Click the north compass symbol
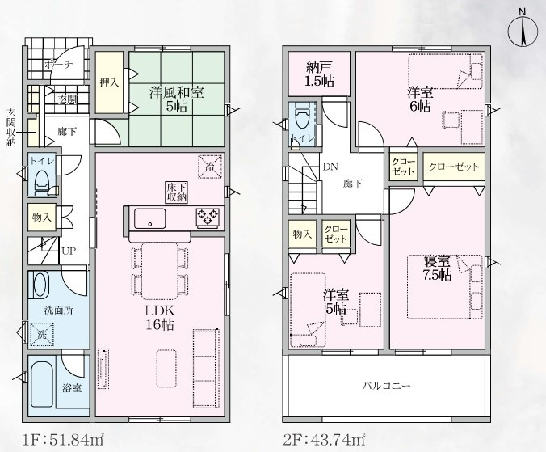point(523,32)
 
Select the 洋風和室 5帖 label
point(177,99)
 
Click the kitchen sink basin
point(149,218)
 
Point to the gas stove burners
point(208,217)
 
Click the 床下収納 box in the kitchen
point(177,192)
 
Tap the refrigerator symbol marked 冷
point(210,167)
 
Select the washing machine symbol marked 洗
point(41,335)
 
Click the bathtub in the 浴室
point(41,384)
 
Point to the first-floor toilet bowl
point(43,181)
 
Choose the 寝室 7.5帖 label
point(437,268)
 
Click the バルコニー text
point(387,386)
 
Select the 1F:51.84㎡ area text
point(63,439)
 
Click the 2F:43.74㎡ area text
point(324,439)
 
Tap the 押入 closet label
point(109,82)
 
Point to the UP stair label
point(69,251)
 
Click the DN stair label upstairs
point(330,167)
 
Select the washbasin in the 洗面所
point(40,285)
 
